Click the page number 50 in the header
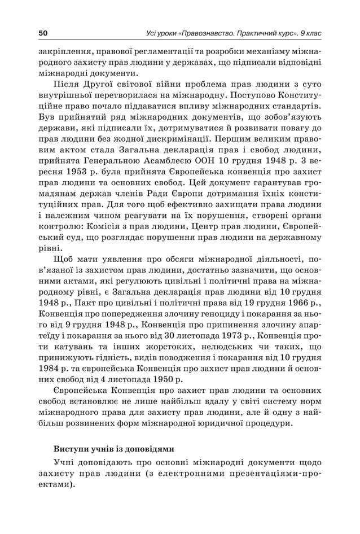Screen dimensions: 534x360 pyautogui.click(x=43, y=33)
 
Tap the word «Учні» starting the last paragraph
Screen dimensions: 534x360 pyautogui.click(x=64, y=463)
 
